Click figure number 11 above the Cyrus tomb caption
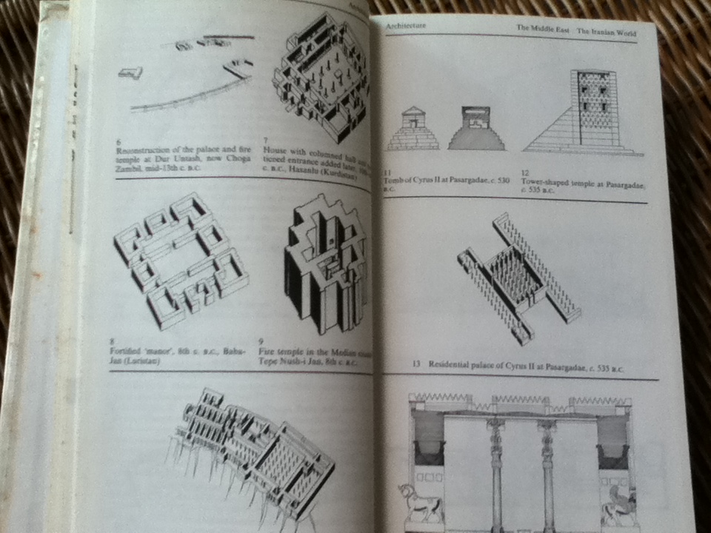pyautogui.click(x=386, y=173)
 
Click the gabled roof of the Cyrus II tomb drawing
pyautogui.click(x=413, y=113)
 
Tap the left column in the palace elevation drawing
pyautogui.click(x=495, y=474)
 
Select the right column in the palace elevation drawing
pyautogui.click(x=548, y=474)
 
